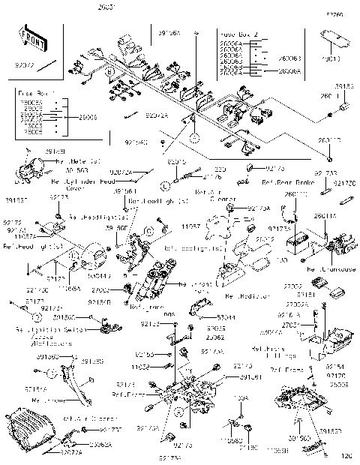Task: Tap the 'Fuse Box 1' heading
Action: tap(33, 94)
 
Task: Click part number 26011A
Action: tap(325, 216)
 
